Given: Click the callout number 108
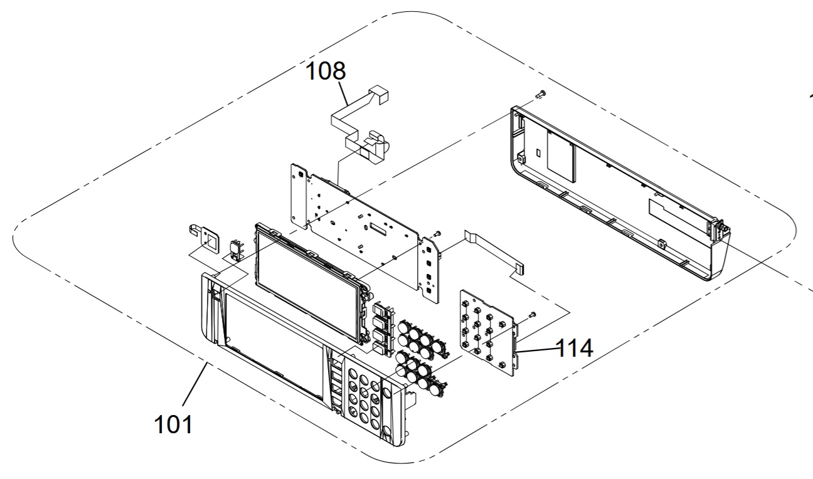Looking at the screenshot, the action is [326, 71].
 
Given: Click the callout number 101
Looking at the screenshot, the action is [173, 424].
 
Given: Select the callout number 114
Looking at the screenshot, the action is [574, 348].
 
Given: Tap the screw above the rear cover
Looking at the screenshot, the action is [541, 93].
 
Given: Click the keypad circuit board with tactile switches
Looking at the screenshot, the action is [489, 332].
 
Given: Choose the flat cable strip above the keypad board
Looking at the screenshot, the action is [495, 250].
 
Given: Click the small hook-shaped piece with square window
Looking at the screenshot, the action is [205, 239].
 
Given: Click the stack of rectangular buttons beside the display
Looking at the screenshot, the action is [383, 328].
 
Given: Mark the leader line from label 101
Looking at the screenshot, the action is [195, 384].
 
